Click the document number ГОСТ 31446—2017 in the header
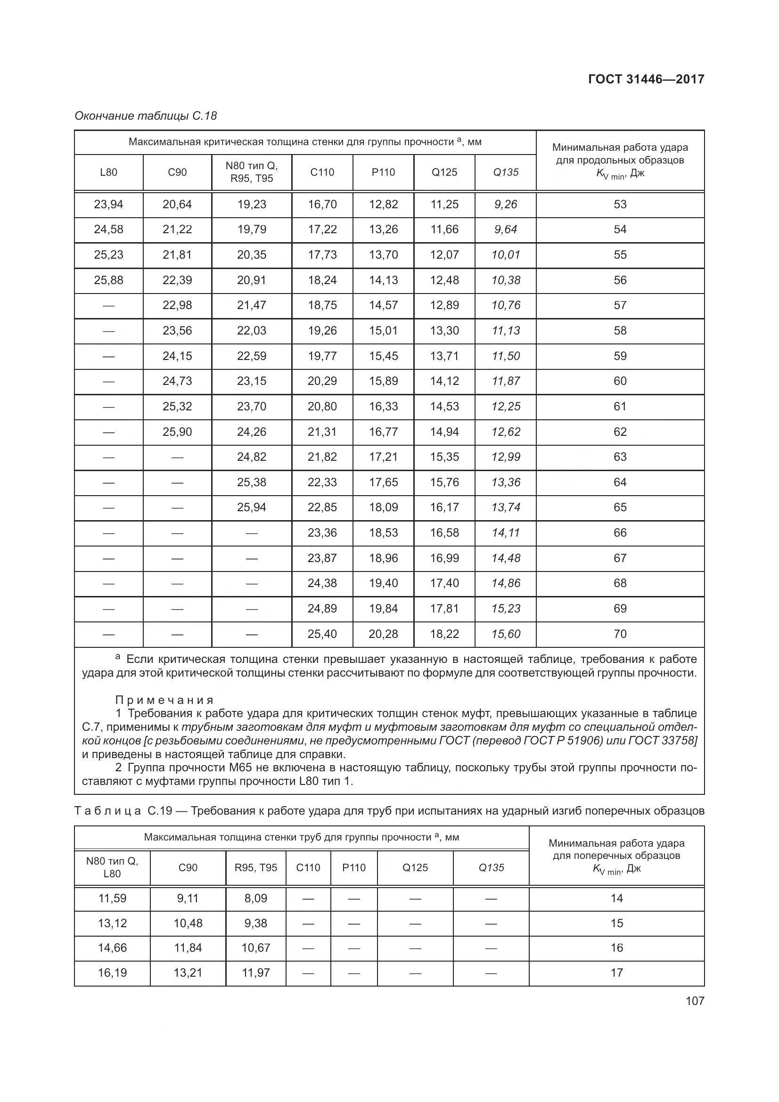pos(646,79)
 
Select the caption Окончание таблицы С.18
pos(146,116)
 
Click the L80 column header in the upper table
pos(108,172)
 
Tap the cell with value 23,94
pos(108,204)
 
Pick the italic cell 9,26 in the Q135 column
pos(505,204)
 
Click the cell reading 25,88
pos(108,280)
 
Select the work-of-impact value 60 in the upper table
pos(620,381)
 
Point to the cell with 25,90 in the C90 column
pos(177,432)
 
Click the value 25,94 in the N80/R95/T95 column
pos(252,507)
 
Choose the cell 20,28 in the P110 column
pos(383,634)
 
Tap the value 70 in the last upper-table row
pos(620,634)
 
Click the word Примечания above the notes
pos(164,700)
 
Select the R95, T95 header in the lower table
pos(256,868)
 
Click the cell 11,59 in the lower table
pos(112,898)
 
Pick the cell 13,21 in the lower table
pos(188,973)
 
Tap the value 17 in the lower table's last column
pos(616,973)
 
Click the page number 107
pos(695,1001)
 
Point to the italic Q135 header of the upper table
pos(505,172)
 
